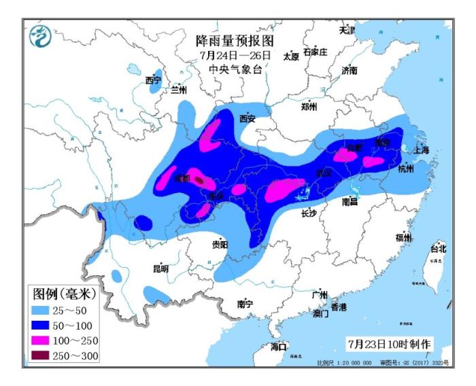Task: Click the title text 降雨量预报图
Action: (x=235, y=40)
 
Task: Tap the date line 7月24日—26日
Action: (x=235, y=55)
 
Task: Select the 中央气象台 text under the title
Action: (x=235, y=69)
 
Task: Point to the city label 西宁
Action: (x=153, y=81)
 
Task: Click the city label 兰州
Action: (x=179, y=89)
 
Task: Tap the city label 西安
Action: (x=247, y=118)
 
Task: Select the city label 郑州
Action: (x=309, y=107)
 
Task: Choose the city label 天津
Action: (x=347, y=31)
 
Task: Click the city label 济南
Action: (x=350, y=70)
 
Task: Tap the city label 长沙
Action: (x=309, y=213)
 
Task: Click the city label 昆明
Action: (x=160, y=268)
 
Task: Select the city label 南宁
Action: (x=245, y=304)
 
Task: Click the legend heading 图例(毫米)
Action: (x=64, y=294)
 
